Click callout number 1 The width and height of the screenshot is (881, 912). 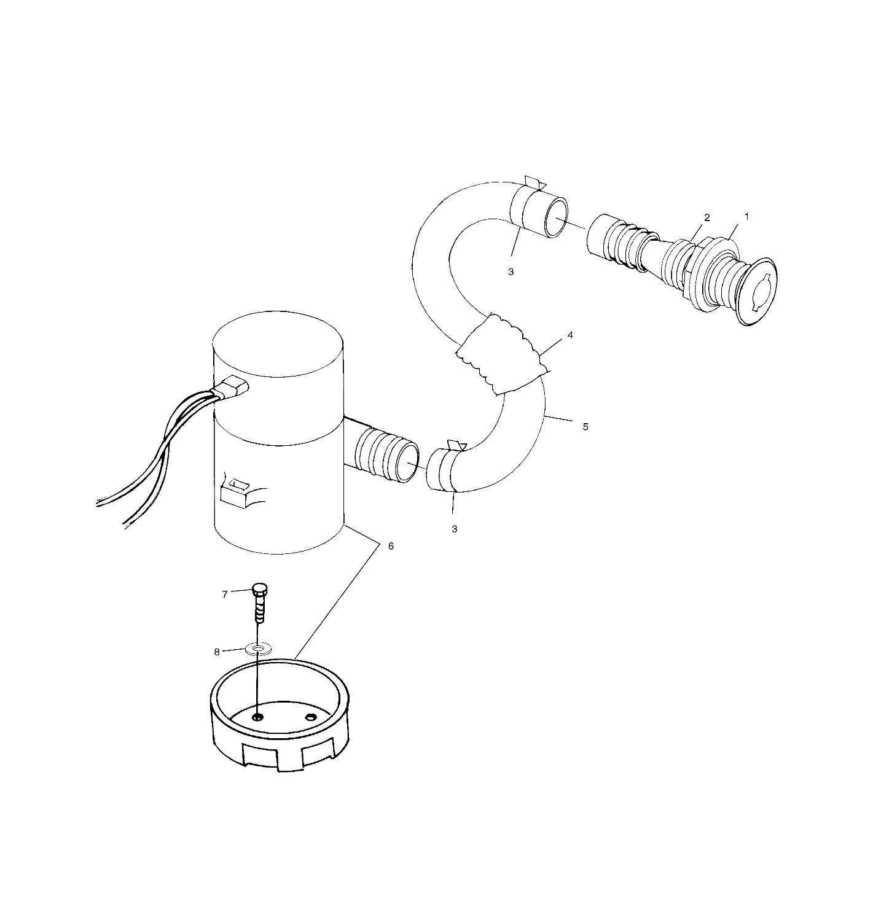point(746,217)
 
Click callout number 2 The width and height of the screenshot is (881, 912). point(707,217)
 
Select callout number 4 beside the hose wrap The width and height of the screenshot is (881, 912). point(570,335)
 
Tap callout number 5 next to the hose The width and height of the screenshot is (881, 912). point(585,426)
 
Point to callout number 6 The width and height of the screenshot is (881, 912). point(391,546)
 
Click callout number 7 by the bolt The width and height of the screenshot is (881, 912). point(225,594)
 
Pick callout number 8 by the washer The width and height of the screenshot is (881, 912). point(217,652)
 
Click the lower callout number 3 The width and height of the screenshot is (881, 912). point(455,529)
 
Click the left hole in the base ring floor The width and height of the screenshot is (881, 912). point(258,717)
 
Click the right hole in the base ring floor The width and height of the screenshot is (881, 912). point(311,717)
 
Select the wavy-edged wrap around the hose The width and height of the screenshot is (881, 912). point(503,355)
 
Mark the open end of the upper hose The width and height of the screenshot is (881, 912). point(555,219)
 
